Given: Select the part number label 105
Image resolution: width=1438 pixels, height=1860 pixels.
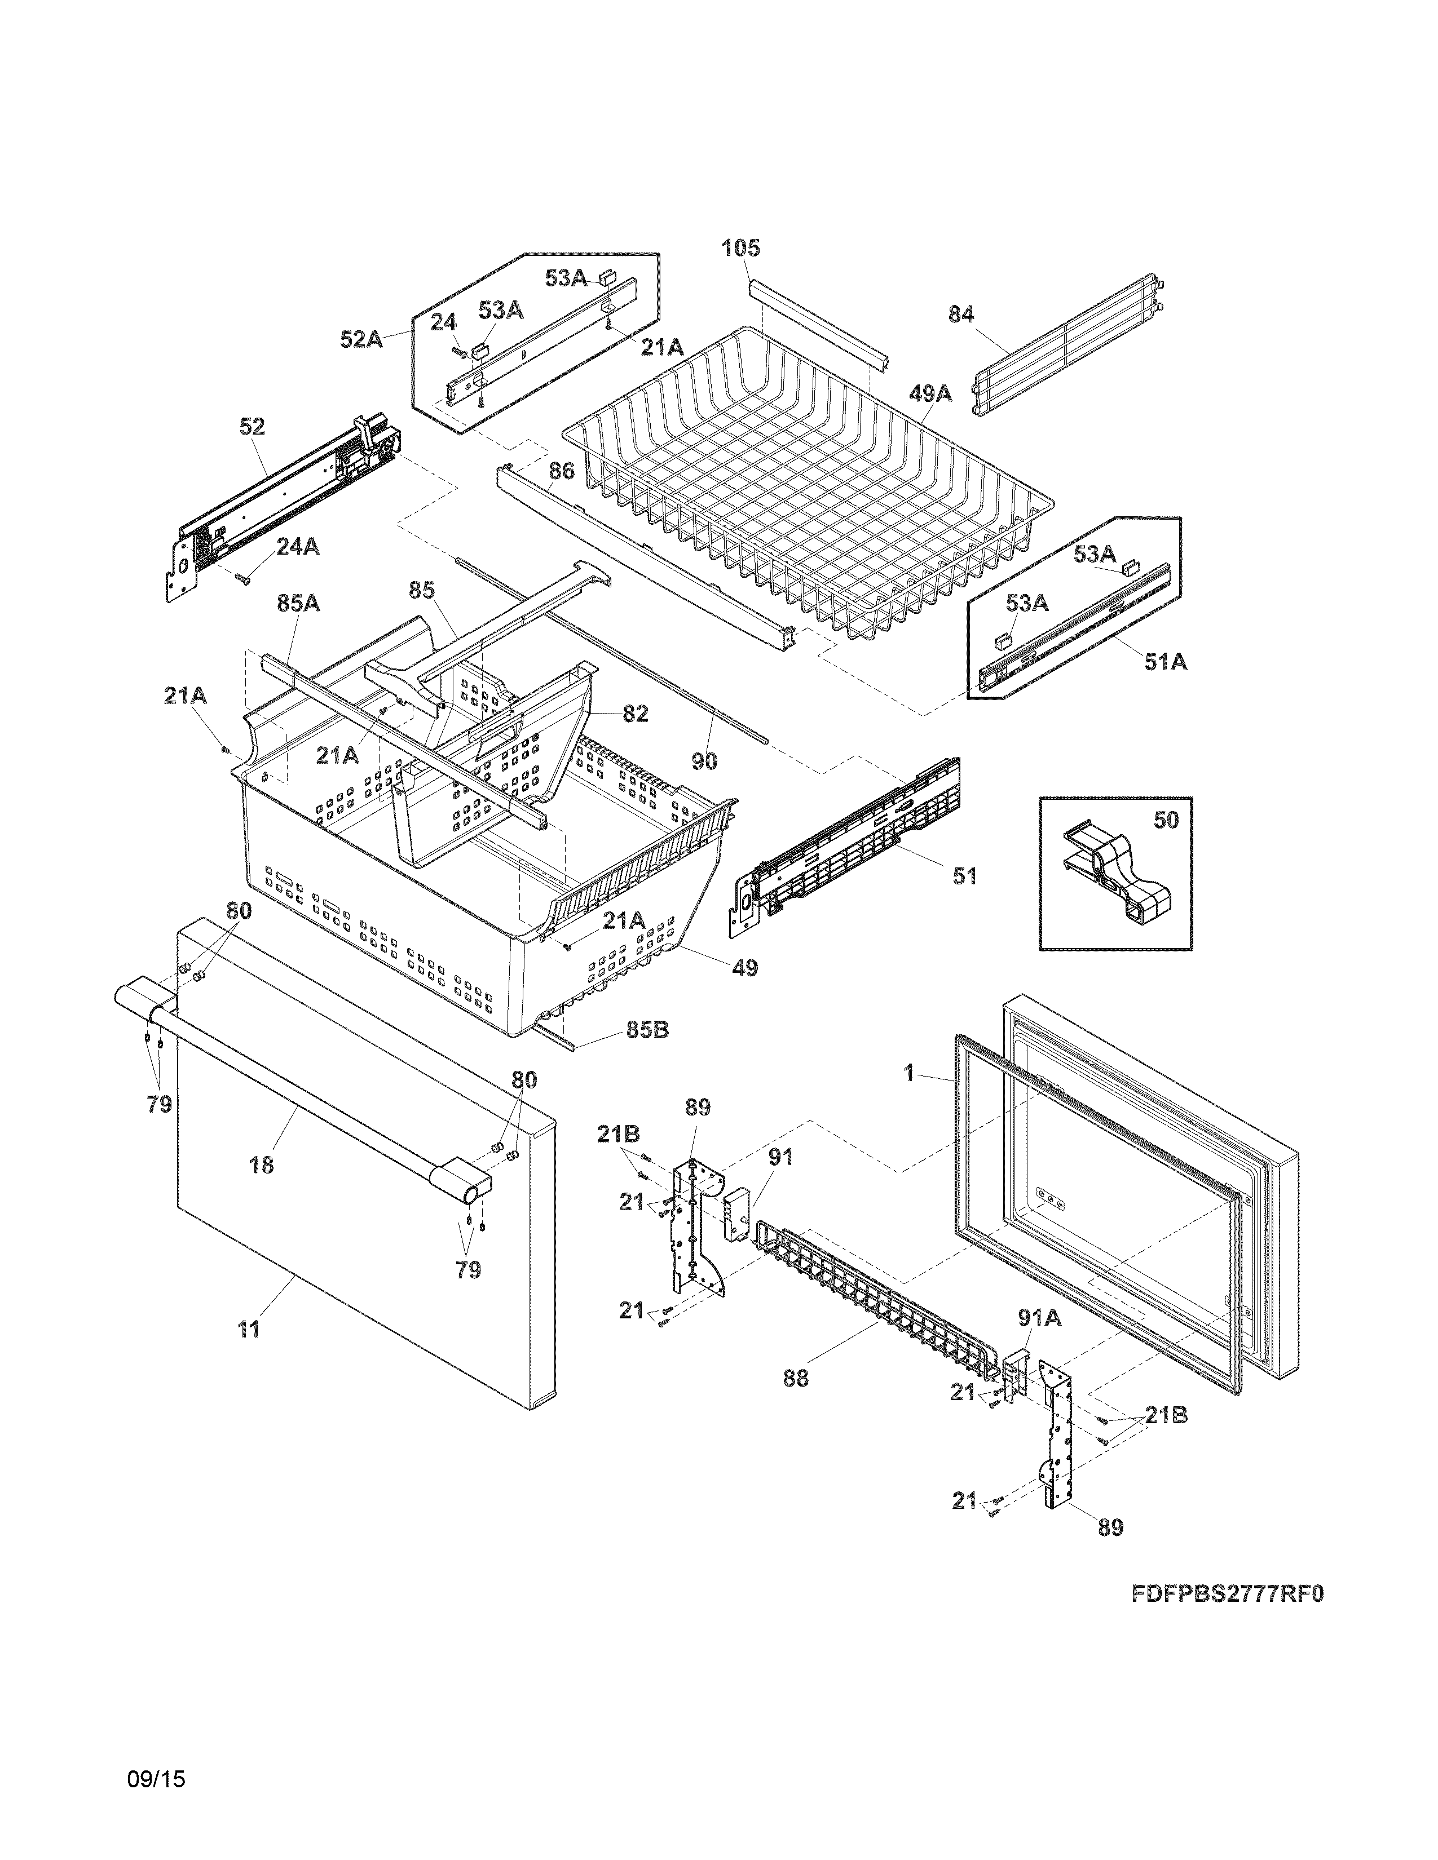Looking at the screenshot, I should [x=740, y=249].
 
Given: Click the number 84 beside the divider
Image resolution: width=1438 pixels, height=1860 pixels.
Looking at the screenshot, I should [x=961, y=315].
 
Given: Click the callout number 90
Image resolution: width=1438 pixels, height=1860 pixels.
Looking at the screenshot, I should [x=704, y=761].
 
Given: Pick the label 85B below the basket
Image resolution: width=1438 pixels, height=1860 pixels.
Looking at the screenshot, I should [x=647, y=1030].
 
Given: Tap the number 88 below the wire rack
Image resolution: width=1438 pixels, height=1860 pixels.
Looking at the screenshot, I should [x=796, y=1378].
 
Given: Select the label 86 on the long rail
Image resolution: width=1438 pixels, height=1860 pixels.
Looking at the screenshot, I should [x=562, y=471].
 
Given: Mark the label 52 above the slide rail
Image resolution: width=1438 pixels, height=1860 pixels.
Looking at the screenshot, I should [x=252, y=427].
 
